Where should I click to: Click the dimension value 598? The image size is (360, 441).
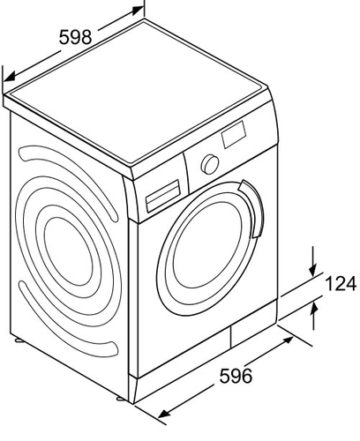click(x=76, y=37)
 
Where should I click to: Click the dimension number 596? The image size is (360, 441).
click(x=236, y=376)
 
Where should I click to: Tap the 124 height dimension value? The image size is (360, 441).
click(x=341, y=283)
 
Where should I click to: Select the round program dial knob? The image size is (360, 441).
click(x=210, y=164)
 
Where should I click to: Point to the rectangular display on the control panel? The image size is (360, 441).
click(x=234, y=134)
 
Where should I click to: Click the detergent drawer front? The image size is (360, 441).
click(x=163, y=196)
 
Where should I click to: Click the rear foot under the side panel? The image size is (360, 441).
click(x=19, y=340)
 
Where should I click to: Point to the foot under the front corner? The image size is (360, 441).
click(x=121, y=399)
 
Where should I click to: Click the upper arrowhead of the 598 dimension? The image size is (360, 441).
click(x=138, y=11)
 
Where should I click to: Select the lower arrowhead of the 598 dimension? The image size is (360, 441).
click(x=9, y=77)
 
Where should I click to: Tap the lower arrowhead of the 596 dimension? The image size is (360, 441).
click(x=164, y=413)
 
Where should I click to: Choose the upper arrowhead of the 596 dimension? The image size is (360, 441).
click(x=288, y=341)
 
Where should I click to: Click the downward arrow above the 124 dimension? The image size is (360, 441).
click(x=313, y=262)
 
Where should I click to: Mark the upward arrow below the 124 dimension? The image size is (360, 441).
click(x=314, y=316)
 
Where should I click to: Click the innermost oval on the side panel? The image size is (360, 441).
click(x=68, y=251)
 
